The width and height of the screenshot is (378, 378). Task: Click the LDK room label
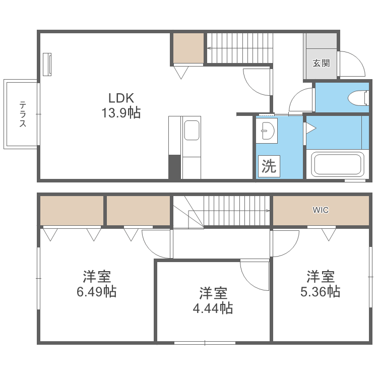(121, 98)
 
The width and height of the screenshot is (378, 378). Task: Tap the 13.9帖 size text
(121, 112)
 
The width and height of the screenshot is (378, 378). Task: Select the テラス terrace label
(23, 114)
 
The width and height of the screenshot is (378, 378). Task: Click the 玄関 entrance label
(321, 63)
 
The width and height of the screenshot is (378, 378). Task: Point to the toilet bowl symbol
(358, 98)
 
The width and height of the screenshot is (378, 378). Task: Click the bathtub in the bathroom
(338, 164)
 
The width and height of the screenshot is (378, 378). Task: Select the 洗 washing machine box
(269, 166)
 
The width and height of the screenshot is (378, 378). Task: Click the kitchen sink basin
(192, 131)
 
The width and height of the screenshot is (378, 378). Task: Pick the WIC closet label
(321, 210)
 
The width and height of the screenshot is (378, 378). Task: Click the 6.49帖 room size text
(97, 291)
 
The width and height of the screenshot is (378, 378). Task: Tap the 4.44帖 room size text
(213, 308)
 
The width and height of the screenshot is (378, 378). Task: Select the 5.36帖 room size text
(321, 291)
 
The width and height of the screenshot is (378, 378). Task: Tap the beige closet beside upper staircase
(188, 48)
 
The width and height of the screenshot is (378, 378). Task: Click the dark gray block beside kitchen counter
(174, 167)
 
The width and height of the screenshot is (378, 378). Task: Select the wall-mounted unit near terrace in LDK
(47, 65)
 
